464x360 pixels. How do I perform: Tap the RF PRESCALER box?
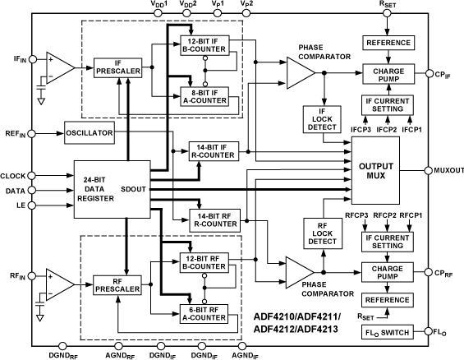pos(117,284)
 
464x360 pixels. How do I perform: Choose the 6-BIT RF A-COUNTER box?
pos(209,312)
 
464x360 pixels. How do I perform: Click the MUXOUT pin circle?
pos(428,170)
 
